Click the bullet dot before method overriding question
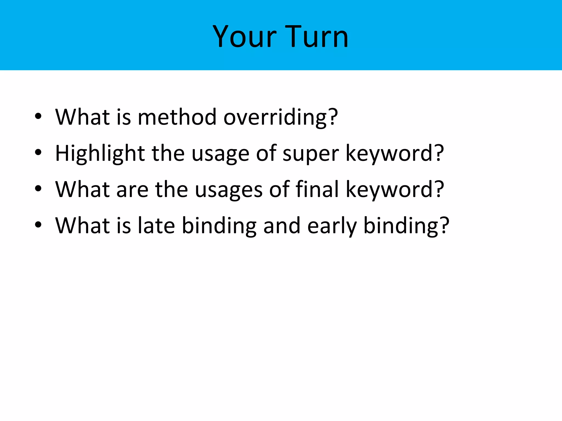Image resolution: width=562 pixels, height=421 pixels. tap(38, 116)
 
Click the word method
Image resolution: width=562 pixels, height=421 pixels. tap(177, 117)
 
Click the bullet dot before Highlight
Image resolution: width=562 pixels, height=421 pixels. tap(38, 152)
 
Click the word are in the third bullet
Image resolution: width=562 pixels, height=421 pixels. tap(132, 190)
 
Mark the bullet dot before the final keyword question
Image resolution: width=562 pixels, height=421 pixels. tap(38, 189)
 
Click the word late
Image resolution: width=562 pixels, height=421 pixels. tap(156, 225)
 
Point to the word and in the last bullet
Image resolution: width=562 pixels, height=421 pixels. tap(282, 225)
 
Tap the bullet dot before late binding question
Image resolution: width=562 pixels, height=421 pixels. tap(38, 225)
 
